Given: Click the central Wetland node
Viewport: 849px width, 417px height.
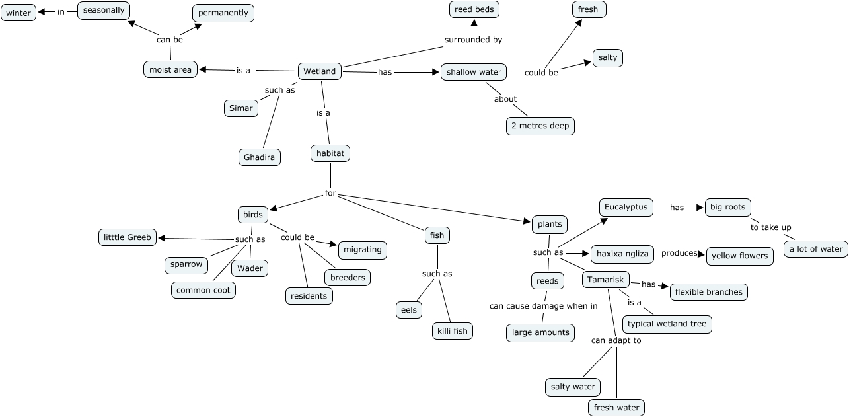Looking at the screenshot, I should [x=320, y=71].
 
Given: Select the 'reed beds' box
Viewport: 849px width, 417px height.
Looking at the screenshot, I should [x=474, y=9].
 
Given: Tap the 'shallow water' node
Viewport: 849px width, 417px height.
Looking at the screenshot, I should [x=474, y=72].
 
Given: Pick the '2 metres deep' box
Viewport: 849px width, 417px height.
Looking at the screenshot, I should [x=540, y=126].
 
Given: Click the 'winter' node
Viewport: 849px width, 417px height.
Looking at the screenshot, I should [x=18, y=13].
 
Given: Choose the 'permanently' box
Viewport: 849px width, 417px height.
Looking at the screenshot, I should [x=223, y=13].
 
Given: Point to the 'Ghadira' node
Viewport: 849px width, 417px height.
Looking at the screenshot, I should [x=260, y=157].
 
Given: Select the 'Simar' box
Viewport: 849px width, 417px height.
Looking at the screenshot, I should [x=240, y=108].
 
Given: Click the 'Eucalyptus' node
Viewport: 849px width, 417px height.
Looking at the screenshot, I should [x=626, y=207].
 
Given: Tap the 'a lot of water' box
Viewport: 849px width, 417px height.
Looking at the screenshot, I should [x=816, y=249].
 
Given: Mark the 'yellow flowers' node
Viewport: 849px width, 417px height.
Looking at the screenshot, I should [x=739, y=256].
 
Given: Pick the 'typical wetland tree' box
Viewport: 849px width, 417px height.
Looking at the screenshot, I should [x=667, y=324].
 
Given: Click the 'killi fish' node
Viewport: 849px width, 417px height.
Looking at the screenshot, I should [x=453, y=330].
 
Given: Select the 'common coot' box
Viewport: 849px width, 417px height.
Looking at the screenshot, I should [x=203, y=290].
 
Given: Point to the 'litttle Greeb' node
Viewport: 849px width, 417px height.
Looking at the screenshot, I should [x=128, y=237].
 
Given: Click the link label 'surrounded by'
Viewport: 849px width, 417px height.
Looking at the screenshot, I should [x=473, y=40].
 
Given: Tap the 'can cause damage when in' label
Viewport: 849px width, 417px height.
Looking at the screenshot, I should [x=543, y=305].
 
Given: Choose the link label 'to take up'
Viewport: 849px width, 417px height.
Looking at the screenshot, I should [x=770, y=227].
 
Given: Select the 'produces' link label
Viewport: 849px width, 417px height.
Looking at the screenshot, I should [x=680, y=253].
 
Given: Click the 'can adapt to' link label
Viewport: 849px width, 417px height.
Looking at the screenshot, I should [x=616, y=340].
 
